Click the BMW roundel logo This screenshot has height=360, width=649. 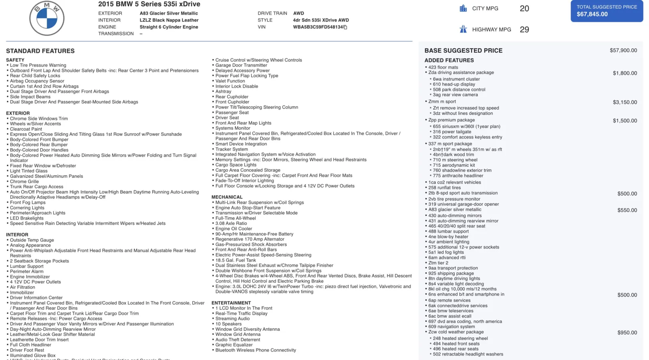pyautogui.click(x=47, y=18)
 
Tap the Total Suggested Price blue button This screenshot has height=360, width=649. pyautogui.click(x=606, y=11)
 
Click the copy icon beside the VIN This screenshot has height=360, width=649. pyautogui.click(x=345, y=27)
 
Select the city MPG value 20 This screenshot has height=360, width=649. pyautogui.click(x=524, y=9)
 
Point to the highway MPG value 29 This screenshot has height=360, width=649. pyautogui.click(x=524, y=30)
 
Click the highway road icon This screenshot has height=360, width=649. pyautogui.click(x=463, y=29)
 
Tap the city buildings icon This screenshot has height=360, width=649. pyautogui.click(x=463, y=8)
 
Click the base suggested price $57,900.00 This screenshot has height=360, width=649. pyautogui.click(x=623, y=50)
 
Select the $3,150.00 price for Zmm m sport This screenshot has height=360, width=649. pyautogui.click(x=625, y=102)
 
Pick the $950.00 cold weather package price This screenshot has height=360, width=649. pyautogui.click(x=627, y=332)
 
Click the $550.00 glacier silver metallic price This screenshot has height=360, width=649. pyautogui.click(x=627, y=210)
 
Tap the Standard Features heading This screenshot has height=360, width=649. pyautogui.click(x=40, y=51)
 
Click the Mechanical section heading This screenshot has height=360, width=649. pyautogui.click(x=227, y=197)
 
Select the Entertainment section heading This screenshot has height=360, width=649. pyautogui.click(x=231, y=303)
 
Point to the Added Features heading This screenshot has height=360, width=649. pyautogui.click(x=449, y=60)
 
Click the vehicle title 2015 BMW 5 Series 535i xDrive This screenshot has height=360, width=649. pyautogui.click(x=149, y=4)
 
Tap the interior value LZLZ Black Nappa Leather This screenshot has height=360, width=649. pyautogui.click(x=169, y=20)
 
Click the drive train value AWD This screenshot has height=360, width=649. pyautogui.click(x=299, y=13)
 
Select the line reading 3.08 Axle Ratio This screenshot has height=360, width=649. pyautogui.click(x=231, y=223)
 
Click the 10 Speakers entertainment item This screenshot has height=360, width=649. pyautogui.click(x=228, y=324)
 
